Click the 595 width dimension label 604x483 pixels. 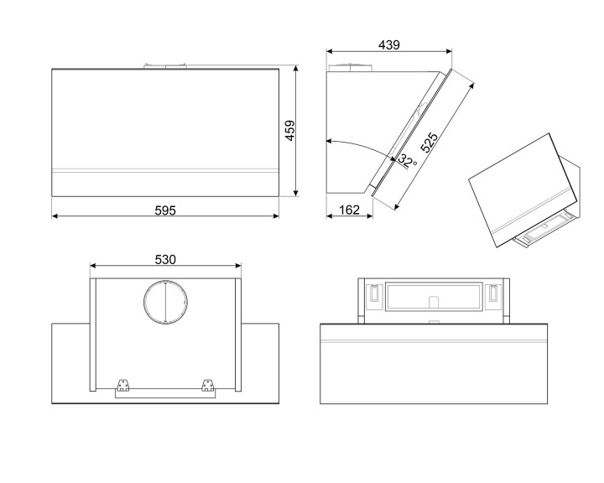pos(165,210)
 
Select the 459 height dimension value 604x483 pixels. pos(289,132)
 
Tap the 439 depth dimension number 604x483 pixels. pos(388,45)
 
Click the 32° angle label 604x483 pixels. pos(407,160)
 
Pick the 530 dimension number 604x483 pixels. pos(165,260)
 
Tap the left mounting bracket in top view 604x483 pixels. pos(124,387)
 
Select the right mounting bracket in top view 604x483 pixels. pos(207,387)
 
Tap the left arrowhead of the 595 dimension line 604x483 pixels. pos(55,216)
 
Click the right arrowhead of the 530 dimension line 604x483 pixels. pos(238,267)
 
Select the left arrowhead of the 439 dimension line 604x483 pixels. pos(329,52)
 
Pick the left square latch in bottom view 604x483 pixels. pos(370,294)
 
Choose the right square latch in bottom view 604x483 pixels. pos(492,294)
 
